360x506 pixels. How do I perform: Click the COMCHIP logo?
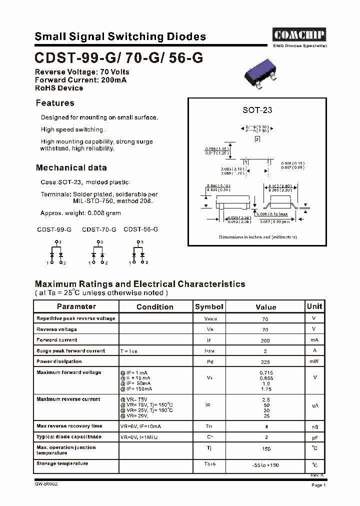tap(299, 34)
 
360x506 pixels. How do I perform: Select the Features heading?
tap(55, 103)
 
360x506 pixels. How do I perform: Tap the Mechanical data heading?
tap(71, 168)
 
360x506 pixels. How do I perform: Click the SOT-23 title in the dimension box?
tap(257, 110)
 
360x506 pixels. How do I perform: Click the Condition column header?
tap(155, 307)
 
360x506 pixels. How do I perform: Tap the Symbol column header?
tap(209, 306)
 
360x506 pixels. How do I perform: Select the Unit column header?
tap(314, 306)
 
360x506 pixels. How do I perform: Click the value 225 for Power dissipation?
tap(265, 362)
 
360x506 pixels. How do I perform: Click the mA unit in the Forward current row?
tap(314, 340)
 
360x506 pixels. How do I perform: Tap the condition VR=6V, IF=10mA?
tap(140, 426)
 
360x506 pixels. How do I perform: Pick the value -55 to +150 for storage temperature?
tap(265, 465)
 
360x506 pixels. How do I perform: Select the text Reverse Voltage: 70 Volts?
tap(82, 72)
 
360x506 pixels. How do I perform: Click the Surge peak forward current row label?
tap(71, 351)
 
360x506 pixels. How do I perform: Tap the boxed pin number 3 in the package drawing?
tap(257, 139)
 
